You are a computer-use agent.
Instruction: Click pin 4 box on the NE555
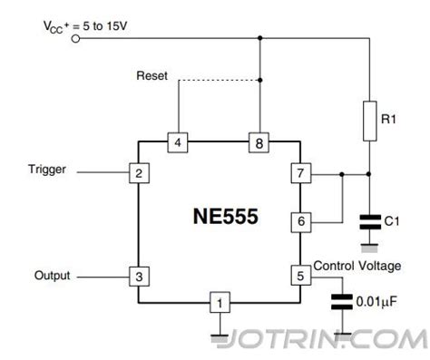pos(179,142)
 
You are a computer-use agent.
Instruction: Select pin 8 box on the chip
pos(259,142)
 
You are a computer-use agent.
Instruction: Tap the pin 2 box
pos(138,172)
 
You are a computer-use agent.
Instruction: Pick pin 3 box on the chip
pos(138,276)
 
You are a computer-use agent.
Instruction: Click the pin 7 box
pos(300,173)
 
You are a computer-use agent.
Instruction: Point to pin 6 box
pos(300,220)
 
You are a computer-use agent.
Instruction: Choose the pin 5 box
pos(300,275)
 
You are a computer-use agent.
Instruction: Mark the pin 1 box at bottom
pos(219,301)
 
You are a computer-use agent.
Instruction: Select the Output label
pos(52,275)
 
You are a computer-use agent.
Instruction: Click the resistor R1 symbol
pos(369,122)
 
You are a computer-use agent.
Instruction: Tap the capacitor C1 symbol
pos(369,220)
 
